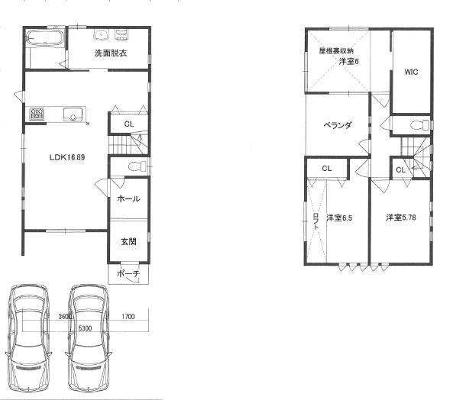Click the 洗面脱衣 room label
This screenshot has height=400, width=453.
coord(111,53)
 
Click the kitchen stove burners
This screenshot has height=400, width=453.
coord(37,115)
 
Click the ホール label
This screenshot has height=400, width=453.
coord(128,198)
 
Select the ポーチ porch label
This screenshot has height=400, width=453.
coord(128,274)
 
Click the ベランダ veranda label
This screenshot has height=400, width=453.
coord(336,126)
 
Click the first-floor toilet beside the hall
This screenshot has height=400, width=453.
coord(134,166)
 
